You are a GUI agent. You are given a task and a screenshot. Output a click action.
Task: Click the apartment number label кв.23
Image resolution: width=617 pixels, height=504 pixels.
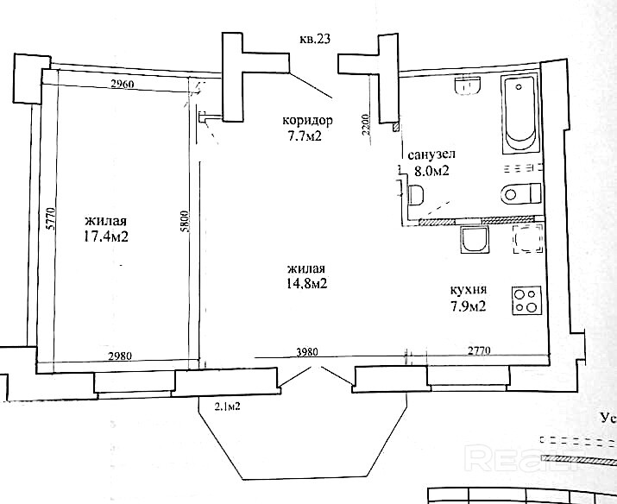314,40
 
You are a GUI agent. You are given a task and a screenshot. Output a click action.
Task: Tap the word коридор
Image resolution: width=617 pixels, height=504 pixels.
307,121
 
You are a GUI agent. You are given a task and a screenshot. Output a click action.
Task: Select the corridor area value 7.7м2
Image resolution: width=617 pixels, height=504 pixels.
305,136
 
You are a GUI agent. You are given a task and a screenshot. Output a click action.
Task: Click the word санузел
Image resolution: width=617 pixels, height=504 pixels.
431,154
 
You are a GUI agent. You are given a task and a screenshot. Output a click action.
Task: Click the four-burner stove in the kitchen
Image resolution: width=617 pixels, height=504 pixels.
526,301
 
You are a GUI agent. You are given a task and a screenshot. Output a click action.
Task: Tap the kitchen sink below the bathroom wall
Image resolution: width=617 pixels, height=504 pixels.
474,240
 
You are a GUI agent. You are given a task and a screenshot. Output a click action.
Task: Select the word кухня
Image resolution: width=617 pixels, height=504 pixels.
469,291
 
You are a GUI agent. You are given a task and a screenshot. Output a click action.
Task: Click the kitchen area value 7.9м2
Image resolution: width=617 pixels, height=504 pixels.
469,306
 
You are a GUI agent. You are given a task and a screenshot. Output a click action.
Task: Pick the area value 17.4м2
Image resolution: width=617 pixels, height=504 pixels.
106,236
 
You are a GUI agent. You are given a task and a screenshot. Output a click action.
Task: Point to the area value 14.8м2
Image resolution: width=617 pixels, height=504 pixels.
307,283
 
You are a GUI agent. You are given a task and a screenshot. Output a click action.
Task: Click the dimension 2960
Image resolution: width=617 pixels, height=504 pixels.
123,84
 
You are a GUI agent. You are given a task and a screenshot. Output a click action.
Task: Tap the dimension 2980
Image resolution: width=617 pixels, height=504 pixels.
120,356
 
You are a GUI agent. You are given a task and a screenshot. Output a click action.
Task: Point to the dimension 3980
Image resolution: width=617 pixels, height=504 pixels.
306,352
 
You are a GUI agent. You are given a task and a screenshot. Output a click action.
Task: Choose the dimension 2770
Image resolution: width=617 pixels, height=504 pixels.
478,350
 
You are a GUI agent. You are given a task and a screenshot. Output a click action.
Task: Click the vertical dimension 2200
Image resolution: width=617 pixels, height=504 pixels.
366,125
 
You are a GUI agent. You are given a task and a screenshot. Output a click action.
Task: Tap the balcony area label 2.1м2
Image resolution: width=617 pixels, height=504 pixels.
228,406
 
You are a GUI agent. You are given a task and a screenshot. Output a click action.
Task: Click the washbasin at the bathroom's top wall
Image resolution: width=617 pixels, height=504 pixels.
468,85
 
